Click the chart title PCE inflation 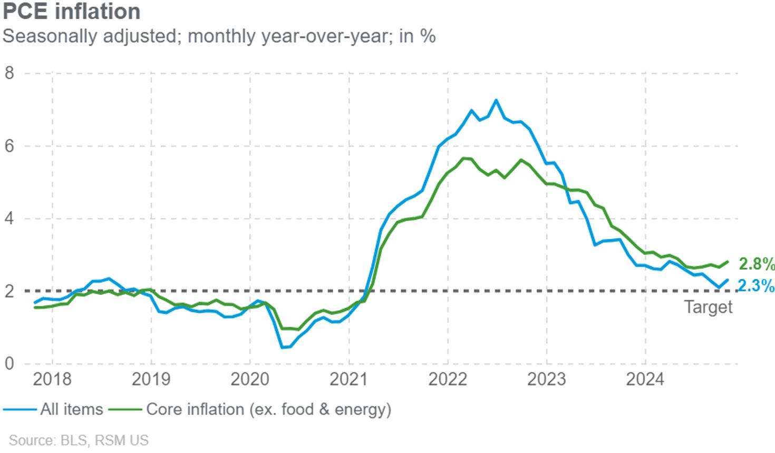(x=72, y=12)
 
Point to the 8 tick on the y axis (x=9, y=73)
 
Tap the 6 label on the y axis (x=9, y=146)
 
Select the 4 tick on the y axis (x=9, y=218)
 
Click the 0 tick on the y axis (x=9, y=363)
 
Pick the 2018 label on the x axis (x=52, y=379)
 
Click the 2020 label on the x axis (x=250, y=379)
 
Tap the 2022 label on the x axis (x=448, y=379)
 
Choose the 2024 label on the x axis (x=645, y=379)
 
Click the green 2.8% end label (x=756, y=263)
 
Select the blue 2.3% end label (x=756, y=286)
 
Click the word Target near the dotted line (x=708, y=307)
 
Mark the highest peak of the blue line (x=496, y=100)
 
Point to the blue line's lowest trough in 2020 (x=283, y=347)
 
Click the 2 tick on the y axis (x=9, y=291)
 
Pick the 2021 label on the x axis (x=348, y=379)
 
